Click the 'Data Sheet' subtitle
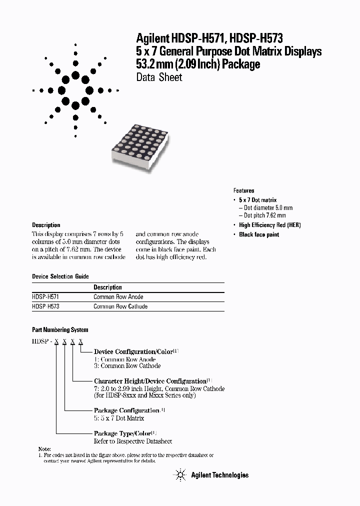[x=159, y=77]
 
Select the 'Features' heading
[x=243, y=190]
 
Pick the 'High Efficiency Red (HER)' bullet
[x=270, y=225]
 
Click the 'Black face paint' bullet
[x=259, y=234]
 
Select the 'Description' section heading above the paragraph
[x=46, y=225]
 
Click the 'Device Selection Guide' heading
[x=60, y=276]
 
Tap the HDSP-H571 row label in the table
[x=45, y=297]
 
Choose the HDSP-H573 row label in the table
[x=45, y=306]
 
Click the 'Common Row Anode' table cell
[x=118, y=297]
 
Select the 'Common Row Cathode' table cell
[x=120, y=306]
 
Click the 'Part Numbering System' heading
[x=60, y=330]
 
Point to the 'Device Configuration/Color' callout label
[x=133, y=352]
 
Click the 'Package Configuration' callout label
[x=127, y=410]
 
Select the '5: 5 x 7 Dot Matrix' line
[x=119, y=418]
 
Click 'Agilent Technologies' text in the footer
[x=219, y=475]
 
